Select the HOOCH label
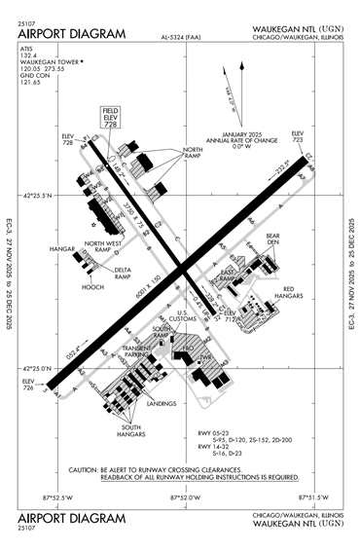click(x=93, y=288)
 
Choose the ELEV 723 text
click(x=298, y=135)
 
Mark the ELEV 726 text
click(x=27, y=385)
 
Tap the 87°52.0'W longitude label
click(x=185, y=498)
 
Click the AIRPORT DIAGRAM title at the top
click(x=71, y=34)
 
